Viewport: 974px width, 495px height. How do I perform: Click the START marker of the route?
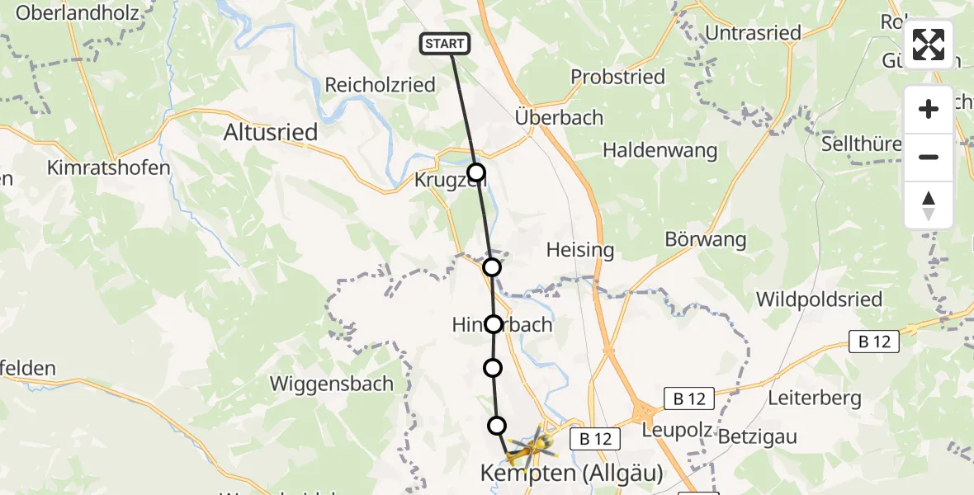[446, 44]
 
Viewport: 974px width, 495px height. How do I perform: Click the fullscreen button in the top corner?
[929, 45]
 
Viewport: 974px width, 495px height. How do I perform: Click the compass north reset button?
[929, 205]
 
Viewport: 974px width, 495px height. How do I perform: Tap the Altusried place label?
[272, 133]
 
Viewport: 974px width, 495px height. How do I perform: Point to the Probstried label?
[617, 78]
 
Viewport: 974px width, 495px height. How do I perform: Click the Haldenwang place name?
[660, 151]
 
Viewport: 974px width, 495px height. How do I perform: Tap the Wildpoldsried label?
[819, 299]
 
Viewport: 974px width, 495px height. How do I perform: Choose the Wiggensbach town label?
[332, 384]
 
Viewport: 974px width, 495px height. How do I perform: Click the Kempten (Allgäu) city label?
[572, 474]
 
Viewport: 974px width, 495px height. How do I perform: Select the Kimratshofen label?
[108, 167]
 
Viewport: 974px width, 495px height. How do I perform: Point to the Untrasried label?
[754, 34]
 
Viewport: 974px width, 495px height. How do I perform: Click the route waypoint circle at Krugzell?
[476, 172]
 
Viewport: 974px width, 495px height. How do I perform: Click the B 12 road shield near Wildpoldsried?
[874, 341]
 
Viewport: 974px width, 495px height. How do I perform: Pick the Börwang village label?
[706, 240]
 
